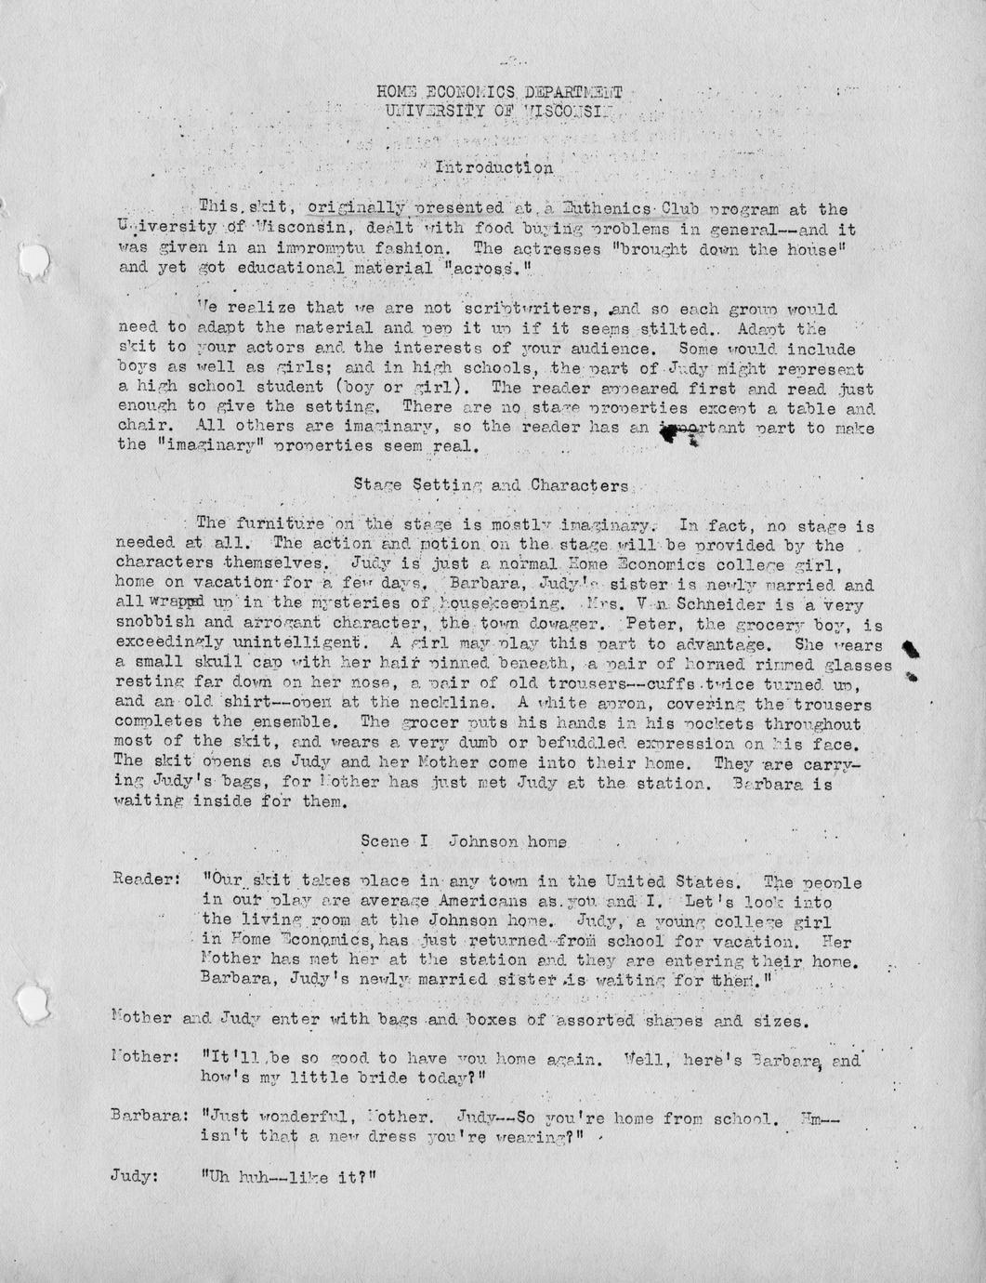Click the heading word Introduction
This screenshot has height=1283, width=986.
[x=494, y=168]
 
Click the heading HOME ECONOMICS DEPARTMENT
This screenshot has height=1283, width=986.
[x=499, y=92]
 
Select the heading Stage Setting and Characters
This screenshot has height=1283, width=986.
[x=493, y=485]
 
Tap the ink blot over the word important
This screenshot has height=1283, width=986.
[x=678, y=435]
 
